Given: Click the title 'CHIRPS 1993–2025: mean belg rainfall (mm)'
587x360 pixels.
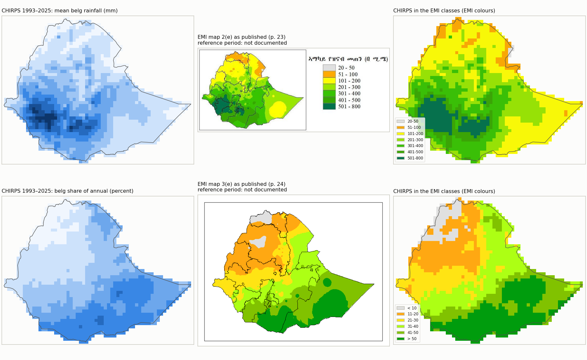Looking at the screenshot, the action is coord(60,11).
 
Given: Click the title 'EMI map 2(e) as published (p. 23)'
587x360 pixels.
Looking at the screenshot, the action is coord(242,37).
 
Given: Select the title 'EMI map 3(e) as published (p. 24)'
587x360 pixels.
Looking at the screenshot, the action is coord(242,184).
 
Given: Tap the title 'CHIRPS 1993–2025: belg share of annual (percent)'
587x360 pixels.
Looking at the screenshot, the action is coord(68,191).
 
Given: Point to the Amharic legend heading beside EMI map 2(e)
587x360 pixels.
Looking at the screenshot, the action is coord(348,59).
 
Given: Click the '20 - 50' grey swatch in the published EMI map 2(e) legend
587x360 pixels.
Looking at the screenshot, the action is coord(329,68).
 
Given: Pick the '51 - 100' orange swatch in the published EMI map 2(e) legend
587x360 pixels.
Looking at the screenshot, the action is coord(329,74).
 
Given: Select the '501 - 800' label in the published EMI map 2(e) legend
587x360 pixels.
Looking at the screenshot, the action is coord(349,107).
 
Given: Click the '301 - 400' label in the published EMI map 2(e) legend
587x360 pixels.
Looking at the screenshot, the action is coord(349,94).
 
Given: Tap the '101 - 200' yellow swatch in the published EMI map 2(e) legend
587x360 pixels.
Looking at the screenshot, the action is coord(329,81).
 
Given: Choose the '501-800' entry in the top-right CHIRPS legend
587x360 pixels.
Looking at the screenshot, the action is coord(410,158).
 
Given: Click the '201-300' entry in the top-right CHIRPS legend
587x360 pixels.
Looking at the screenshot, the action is coord(410,140).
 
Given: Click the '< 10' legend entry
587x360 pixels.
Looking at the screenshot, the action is coord(407,308).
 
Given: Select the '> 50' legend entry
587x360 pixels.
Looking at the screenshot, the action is coord(407,339).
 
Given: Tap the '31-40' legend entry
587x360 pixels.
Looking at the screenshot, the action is coord(408,326).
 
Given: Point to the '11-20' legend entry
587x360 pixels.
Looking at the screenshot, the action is coord(408,314).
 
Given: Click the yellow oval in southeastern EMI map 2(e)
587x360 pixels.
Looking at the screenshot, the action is coord(278,110).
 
